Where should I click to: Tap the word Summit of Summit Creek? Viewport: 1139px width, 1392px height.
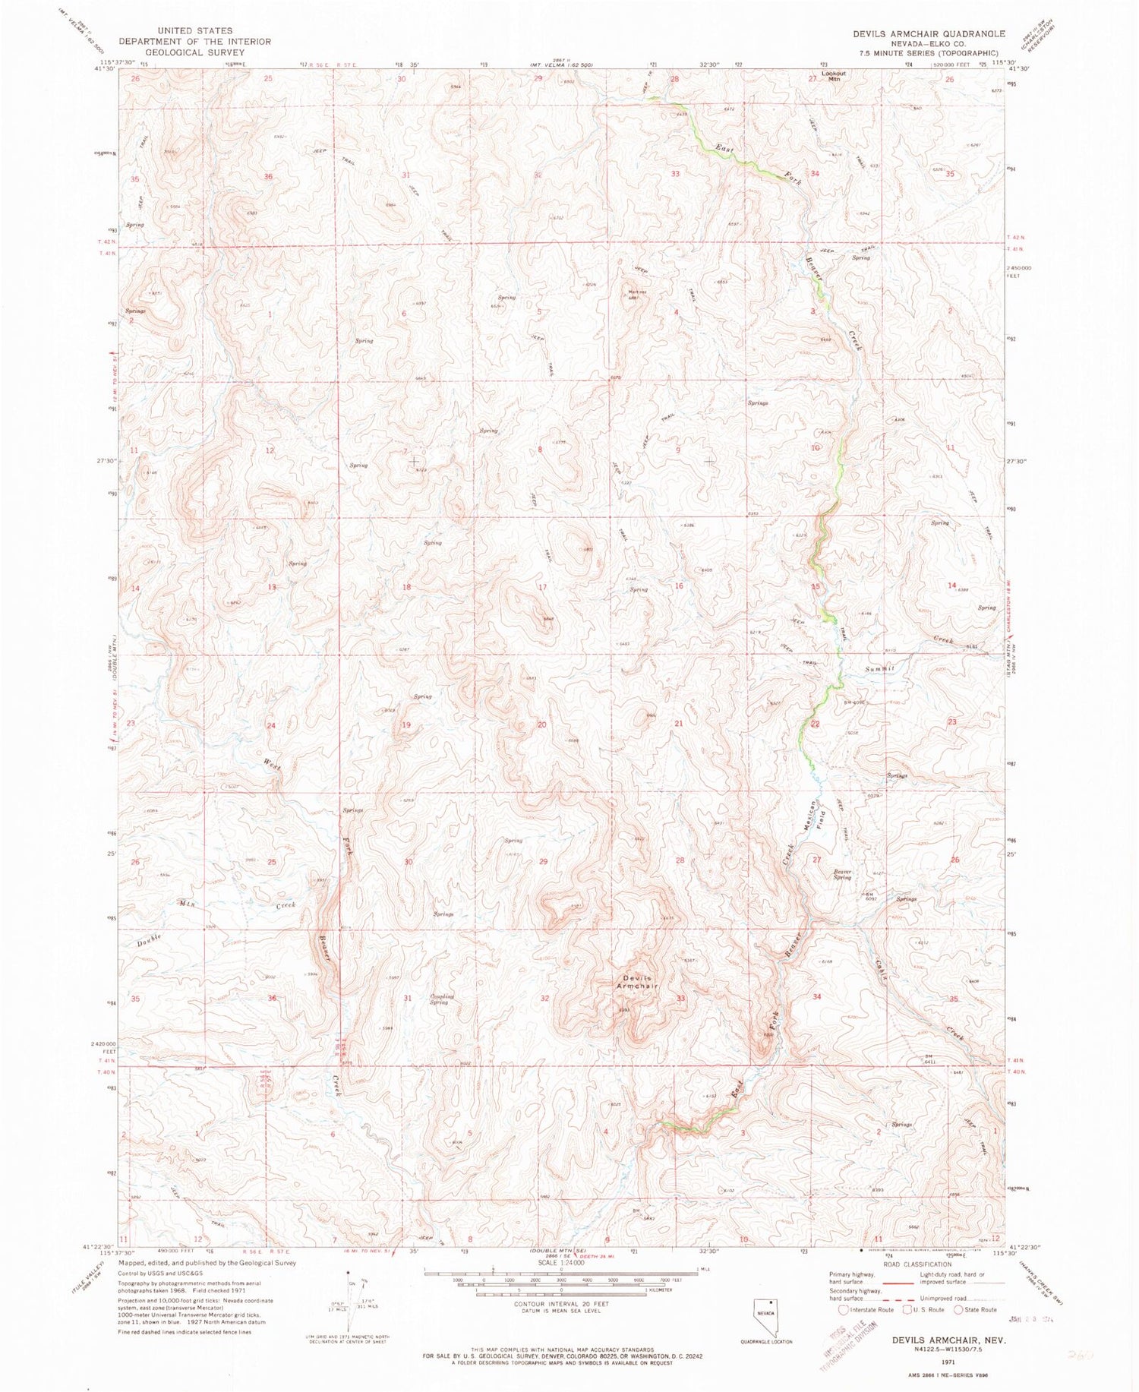coord(880,668)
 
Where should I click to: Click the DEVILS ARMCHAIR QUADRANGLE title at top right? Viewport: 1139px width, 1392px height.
coord(918,34)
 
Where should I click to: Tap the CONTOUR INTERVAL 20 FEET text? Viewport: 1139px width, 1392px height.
coord(561,1303)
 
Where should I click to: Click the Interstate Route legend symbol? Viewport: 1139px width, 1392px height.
coord(844,1309)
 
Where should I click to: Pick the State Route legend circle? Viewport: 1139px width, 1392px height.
coord(958,1309)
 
